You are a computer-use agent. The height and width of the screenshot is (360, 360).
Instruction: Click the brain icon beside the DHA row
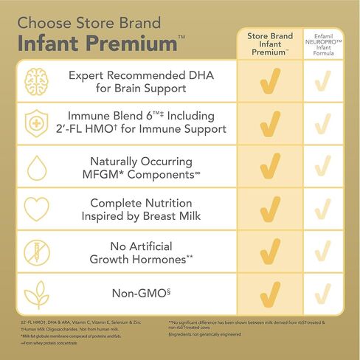pos(36,81)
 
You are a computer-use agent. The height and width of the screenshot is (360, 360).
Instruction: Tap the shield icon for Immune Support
pos(36,122)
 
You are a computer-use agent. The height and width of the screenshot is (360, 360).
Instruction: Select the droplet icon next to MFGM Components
pos(36,167)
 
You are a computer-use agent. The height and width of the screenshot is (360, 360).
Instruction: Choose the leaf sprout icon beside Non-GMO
pos(36,294)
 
